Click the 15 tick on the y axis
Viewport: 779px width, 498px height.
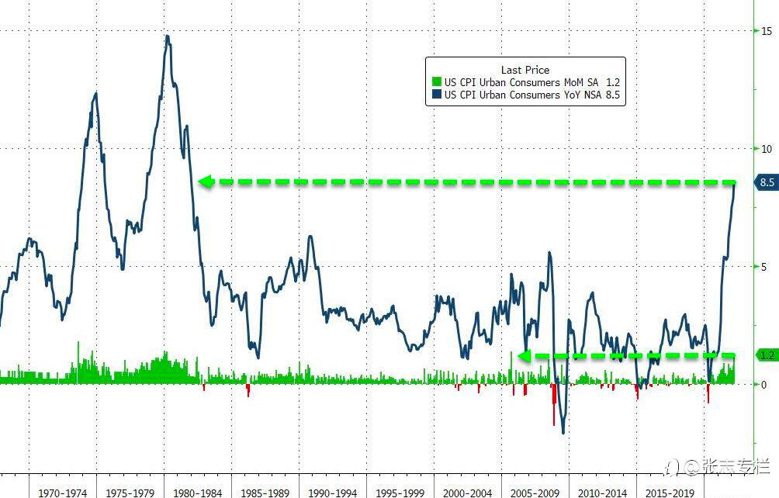coord(766,31)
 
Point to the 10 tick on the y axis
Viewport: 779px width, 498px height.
coord(766,149)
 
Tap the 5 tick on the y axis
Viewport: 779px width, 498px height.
coord(763,267)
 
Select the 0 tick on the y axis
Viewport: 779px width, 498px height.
coord(763,385)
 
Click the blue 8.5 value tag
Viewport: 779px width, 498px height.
coord(767,183)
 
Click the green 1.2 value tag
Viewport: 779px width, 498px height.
coord(767,355)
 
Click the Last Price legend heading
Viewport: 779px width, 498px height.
coord(525,70)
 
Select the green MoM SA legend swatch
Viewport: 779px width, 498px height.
coord(436,82)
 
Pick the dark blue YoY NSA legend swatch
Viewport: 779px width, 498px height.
coord(436,95)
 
